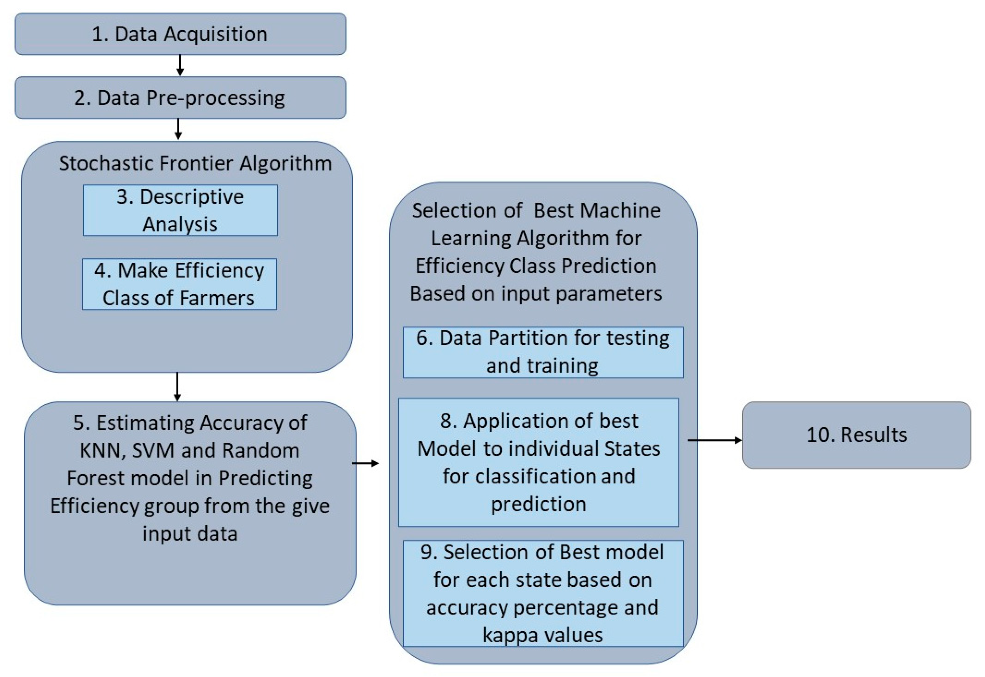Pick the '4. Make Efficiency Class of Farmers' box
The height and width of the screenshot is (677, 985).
click(x=179, y=284)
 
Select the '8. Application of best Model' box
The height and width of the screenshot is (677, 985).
click(x=538, y=462)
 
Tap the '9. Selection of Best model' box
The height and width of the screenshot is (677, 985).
click(x=543, y=593)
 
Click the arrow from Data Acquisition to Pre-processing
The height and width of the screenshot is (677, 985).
click(x=180, y=65)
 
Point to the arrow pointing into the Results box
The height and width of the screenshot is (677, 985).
click(x=714, y=440)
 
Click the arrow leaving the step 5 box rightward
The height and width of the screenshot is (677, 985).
click(x=365, y=463)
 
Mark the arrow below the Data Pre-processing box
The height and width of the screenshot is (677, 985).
click(x=178, y=129)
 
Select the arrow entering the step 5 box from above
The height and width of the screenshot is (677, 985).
click(x=177, y=387)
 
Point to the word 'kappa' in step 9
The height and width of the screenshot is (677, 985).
click(x=505, y=635)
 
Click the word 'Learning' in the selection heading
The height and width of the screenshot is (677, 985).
click(x=470, y=238)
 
